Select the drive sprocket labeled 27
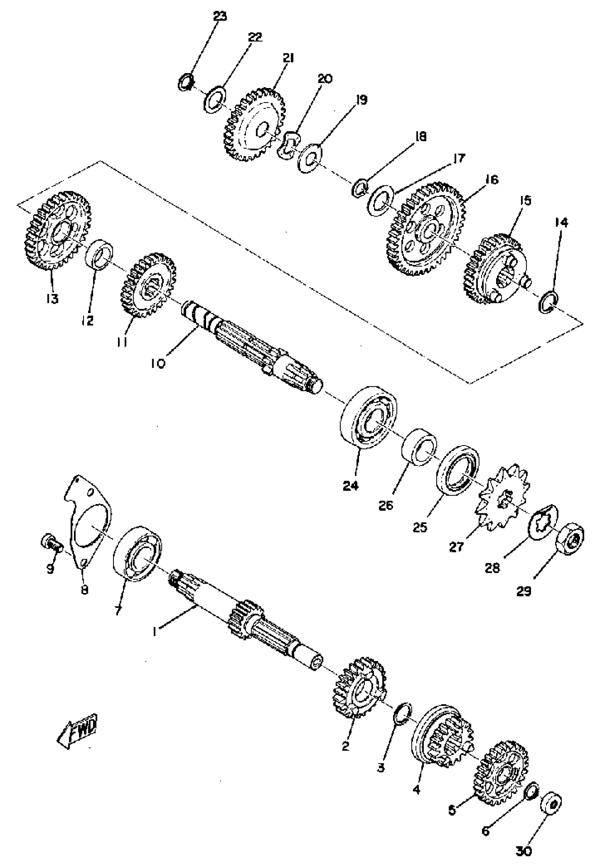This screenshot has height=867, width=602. click(x=504, y=499)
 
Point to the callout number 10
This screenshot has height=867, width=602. click(x=159, y=364)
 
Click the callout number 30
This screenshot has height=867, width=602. click(x=524, y=851)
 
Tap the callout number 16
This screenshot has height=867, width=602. click(x=491, y=180)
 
